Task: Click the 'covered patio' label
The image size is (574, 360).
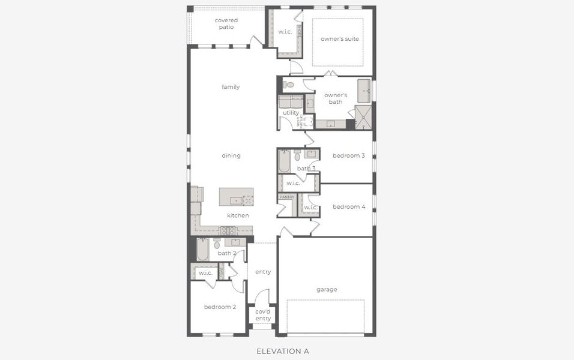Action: (226, 24)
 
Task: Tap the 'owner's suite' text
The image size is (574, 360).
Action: (339, 39)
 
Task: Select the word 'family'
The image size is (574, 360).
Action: (231, 87)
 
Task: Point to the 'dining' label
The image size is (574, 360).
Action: (231, 156)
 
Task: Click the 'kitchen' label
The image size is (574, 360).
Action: (238, 215)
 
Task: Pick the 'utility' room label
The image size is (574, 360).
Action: (291, 113)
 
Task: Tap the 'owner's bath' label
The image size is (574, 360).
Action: (336, 98)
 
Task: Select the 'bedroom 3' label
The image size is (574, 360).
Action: (349, 156)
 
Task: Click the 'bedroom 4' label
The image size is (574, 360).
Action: (349, 207)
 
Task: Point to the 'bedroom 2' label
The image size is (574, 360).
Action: (220, 307)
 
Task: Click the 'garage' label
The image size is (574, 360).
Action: (327, 290)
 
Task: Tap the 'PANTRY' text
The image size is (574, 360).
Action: (286, 197)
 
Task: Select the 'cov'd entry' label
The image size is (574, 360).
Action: (263, 315)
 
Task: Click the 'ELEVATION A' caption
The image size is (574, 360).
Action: (282, 351)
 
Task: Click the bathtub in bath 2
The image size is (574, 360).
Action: (202, 250)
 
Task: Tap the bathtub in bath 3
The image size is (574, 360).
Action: (285, 161)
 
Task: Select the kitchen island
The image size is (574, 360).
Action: (236, 197)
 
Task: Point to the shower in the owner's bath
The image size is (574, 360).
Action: (363, 116)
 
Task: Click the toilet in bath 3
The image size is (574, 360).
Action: (298, 157)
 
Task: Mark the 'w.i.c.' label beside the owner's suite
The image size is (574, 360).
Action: (285, 32)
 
